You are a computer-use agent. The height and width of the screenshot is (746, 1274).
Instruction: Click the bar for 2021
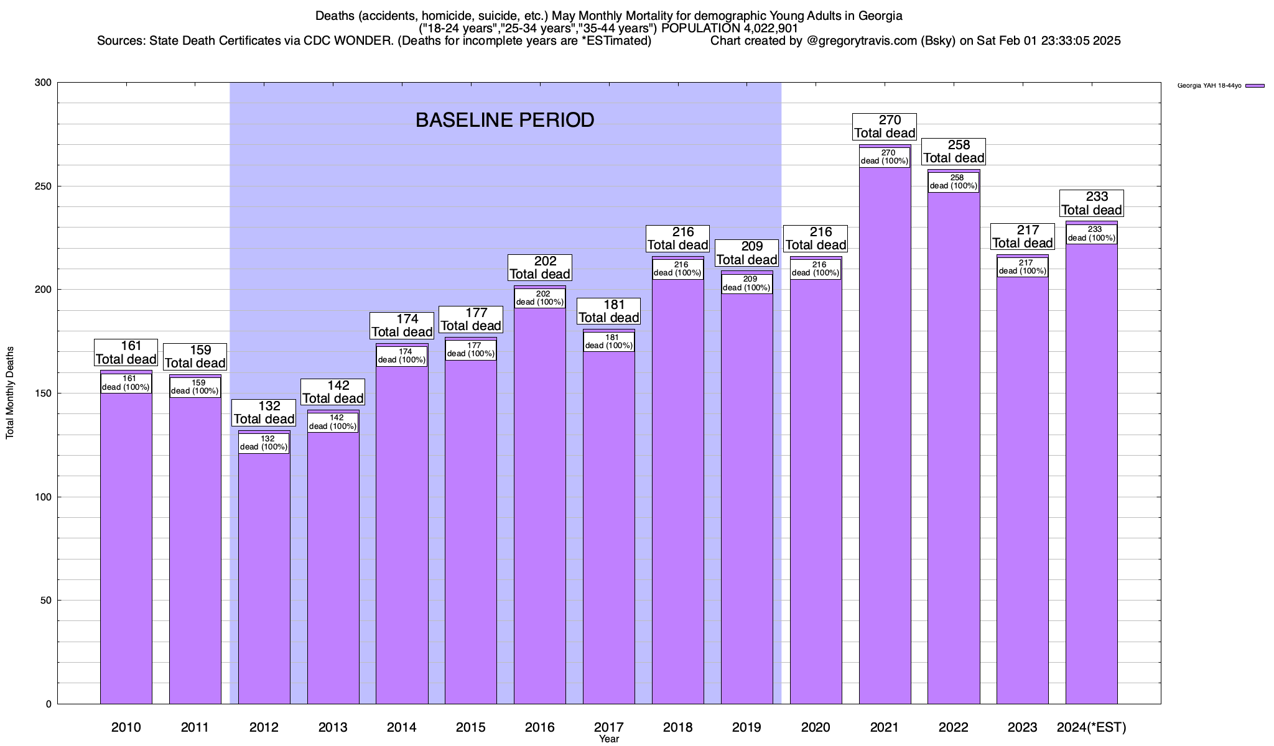(x=885, y=435)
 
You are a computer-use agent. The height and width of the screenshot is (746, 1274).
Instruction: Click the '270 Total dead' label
(x=885, y=127)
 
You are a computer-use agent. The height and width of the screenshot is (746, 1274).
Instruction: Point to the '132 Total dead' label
(x=264, y=413)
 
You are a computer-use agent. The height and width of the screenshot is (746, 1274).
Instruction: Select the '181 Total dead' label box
(x=609, y=311)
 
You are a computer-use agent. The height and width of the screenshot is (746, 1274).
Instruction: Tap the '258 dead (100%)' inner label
(x=954, y=182)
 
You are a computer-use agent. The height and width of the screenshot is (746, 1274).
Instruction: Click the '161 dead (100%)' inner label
(x=126, y=383)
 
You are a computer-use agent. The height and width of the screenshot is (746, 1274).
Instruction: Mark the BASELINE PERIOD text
(x=504, y=120)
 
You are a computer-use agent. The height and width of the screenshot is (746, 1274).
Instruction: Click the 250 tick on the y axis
(x=44, y=186)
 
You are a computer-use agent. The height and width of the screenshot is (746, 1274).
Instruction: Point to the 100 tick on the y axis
(x=44, y=497)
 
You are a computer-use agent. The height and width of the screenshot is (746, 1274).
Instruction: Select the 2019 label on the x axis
(x=746, y=727)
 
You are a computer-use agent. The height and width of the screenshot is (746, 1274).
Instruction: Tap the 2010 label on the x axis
(x=126, y=727)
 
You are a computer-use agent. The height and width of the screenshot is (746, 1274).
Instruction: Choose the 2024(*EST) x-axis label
(x=1091, y=727)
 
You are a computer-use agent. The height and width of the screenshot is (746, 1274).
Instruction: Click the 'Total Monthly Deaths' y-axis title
(x=10, y=393)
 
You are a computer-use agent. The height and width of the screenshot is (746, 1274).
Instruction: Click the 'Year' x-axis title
(x=609, y=739)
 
